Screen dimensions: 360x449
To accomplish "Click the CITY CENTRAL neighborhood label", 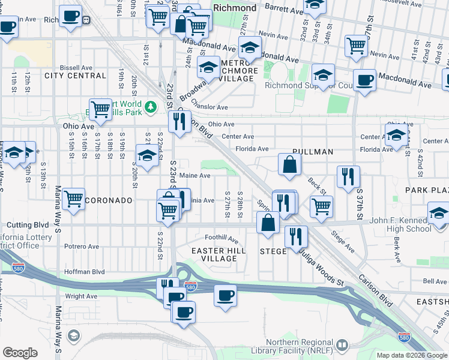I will [75, 76].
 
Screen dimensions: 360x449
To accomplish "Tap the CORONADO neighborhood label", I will [109, 200].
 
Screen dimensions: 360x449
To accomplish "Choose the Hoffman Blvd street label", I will [85, 272].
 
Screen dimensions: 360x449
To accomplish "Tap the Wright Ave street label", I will [80, 296].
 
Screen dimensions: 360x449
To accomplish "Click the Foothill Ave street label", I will [221, 238].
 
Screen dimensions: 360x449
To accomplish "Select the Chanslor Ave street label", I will [209, 107].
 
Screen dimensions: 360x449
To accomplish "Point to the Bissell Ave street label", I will [74, 67].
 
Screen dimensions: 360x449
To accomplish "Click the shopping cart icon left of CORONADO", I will [73, 197].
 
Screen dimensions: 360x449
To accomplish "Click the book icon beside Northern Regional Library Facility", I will [342, 345].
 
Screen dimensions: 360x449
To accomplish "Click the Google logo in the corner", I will [20, 353].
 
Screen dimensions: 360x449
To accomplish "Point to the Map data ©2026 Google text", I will [411, 355].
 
